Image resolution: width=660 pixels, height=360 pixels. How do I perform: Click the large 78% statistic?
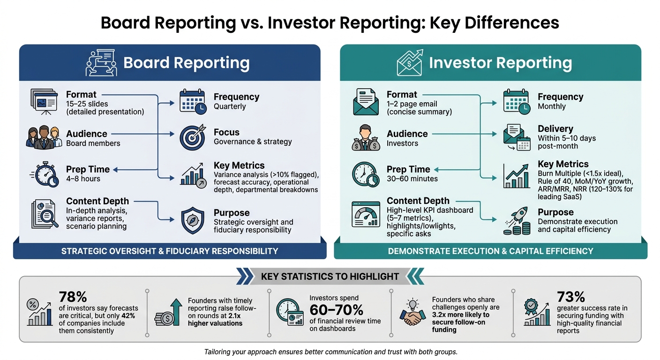pyautogui.click(x=73, y=297)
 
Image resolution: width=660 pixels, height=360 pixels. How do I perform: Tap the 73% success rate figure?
pyautogui.click(x=571, y=297)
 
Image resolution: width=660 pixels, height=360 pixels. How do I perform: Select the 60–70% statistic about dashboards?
pyautogui.click(x=336, y=310)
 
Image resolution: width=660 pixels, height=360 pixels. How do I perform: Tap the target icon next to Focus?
pyautogui.click(x=192, y=137)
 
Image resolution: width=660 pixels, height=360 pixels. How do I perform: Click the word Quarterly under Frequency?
pyautogui.click(x=230, y=106)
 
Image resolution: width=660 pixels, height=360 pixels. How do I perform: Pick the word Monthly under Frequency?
pyautogui.click(x=552, y=106)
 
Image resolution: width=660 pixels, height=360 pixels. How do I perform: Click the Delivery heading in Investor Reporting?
pyautogui.click(x=555, y=128)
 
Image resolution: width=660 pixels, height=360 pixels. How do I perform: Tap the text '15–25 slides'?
pyautogui.click(x=87, y=104)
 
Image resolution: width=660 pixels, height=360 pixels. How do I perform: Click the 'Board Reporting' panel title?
pyautogui.click(x=186, y=63)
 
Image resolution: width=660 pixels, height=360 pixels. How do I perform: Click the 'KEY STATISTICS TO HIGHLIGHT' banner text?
pyautogui.click(x=330, y=276)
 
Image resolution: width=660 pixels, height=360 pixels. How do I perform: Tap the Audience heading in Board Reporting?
pyautogui.click(x=87, y=134)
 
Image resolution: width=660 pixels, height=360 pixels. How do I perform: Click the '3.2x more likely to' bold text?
pyautogui.click(x=460, y=315)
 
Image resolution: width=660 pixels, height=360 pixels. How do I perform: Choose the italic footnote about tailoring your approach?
pyautogui.click(x=330, y=352)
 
